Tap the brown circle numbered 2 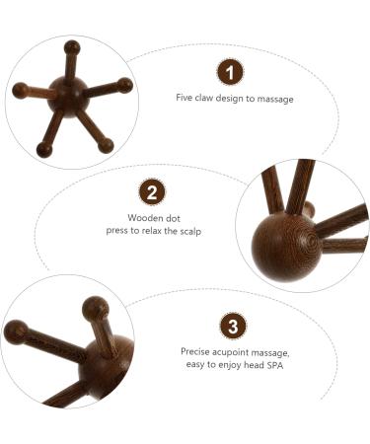click(x=152, y=191)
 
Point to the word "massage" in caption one click(x=275, y=99)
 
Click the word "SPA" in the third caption click(x=278, y=363)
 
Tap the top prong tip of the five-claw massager click(x=72, y=46)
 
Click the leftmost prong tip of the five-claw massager click(x=20, y=90)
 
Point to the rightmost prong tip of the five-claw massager click(x=124, y=85)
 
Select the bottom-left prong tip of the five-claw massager click(x=43, y=150)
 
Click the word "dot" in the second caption click(x=175, y=217)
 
